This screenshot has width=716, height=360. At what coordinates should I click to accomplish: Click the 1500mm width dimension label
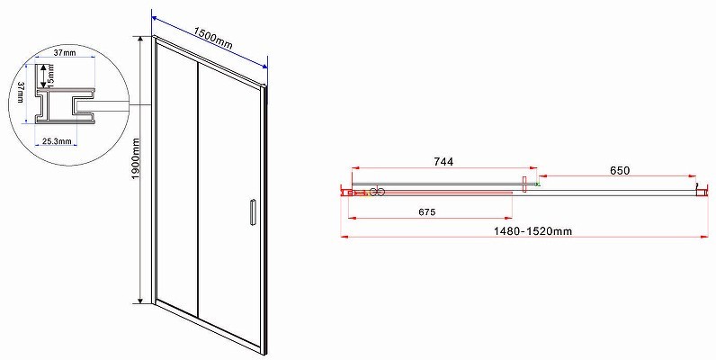click(x=213, y=38)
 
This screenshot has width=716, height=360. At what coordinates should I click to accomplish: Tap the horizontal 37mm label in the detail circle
click(x=65, y=52)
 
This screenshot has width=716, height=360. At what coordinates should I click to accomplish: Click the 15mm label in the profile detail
click(x=50, y=76)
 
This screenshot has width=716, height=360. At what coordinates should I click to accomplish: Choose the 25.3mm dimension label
click(x=57, y=141)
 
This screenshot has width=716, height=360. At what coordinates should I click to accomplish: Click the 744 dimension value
click(x=443, y=162)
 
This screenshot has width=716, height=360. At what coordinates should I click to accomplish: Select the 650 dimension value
click(x=620, y=170)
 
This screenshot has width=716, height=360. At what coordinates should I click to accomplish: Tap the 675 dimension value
click(x=427, y=212)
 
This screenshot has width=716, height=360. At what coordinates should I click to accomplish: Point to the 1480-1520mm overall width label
click(x=533, y=231)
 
